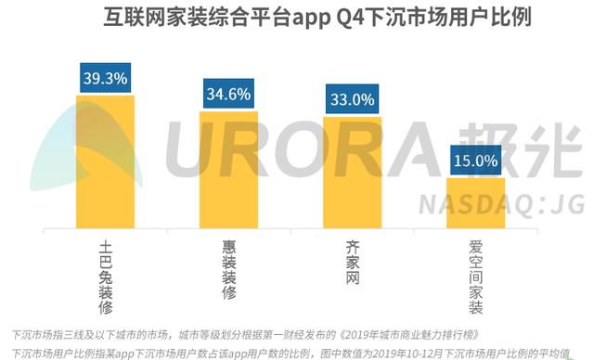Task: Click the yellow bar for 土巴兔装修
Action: pos(105,162)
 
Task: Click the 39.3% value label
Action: pos(105,78)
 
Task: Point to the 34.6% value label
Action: pos(228,94)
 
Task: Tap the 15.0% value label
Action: pos(475,161)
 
